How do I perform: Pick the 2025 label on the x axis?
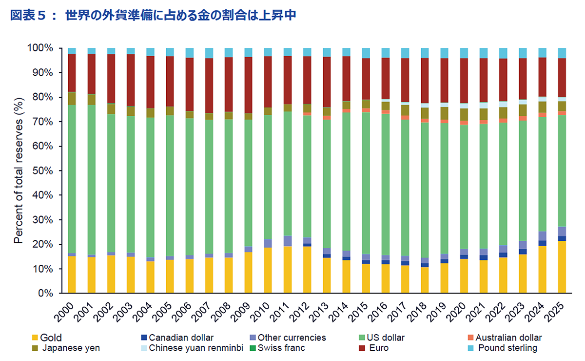[x=556, y=313]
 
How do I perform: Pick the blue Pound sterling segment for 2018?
[x=425, y=53]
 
